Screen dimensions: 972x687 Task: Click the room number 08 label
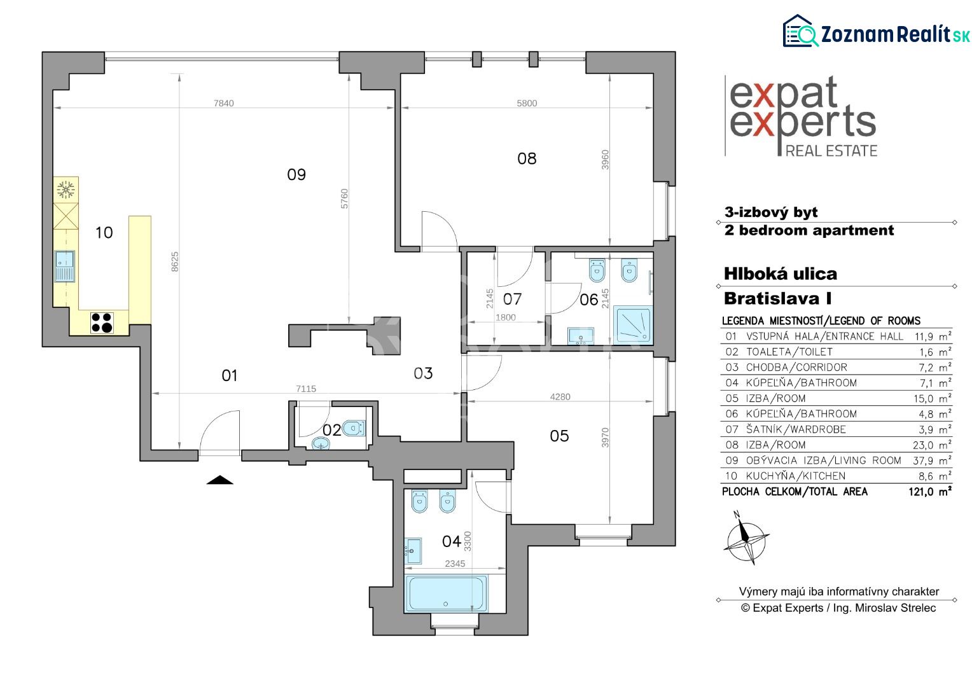pyautogui.click(x=527, y=159)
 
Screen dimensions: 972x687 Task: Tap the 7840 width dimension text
pyautogui.click(x=223, y=103)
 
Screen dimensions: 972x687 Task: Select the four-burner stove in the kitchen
pyautogui.click(x=102, y=323)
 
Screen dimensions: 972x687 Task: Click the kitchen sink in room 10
pyautogui.click(x=65, y=266)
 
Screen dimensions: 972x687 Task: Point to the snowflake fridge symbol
pyautogui.click(x=66, y=190)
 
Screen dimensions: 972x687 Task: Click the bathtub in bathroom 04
pyautogui.click(x=446, y=593)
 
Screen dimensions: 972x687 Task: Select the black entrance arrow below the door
pyautogui.click(x=220, y=480)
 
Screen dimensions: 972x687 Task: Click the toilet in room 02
pyautogui.click(x=354, y=428)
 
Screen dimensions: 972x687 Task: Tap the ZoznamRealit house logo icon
pyautogui.click(x=800, y=31)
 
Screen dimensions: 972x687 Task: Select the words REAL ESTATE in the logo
pyautogui.click(x=831, y=151)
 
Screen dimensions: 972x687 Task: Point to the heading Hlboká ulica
pyautogui.click(x=780, y=274)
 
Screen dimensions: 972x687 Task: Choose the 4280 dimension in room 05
pyautogui.click(x=560, y=397)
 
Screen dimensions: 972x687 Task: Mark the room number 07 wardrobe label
pyautogui.click(x=512, y=299)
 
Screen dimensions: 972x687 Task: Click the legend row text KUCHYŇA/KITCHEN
pyautogui.click(x=795, y=476)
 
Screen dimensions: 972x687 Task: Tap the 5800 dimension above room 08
pyautogui.click(x=527, y=103)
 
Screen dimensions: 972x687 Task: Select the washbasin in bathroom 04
pyautogui.click(x=413, y=551)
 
